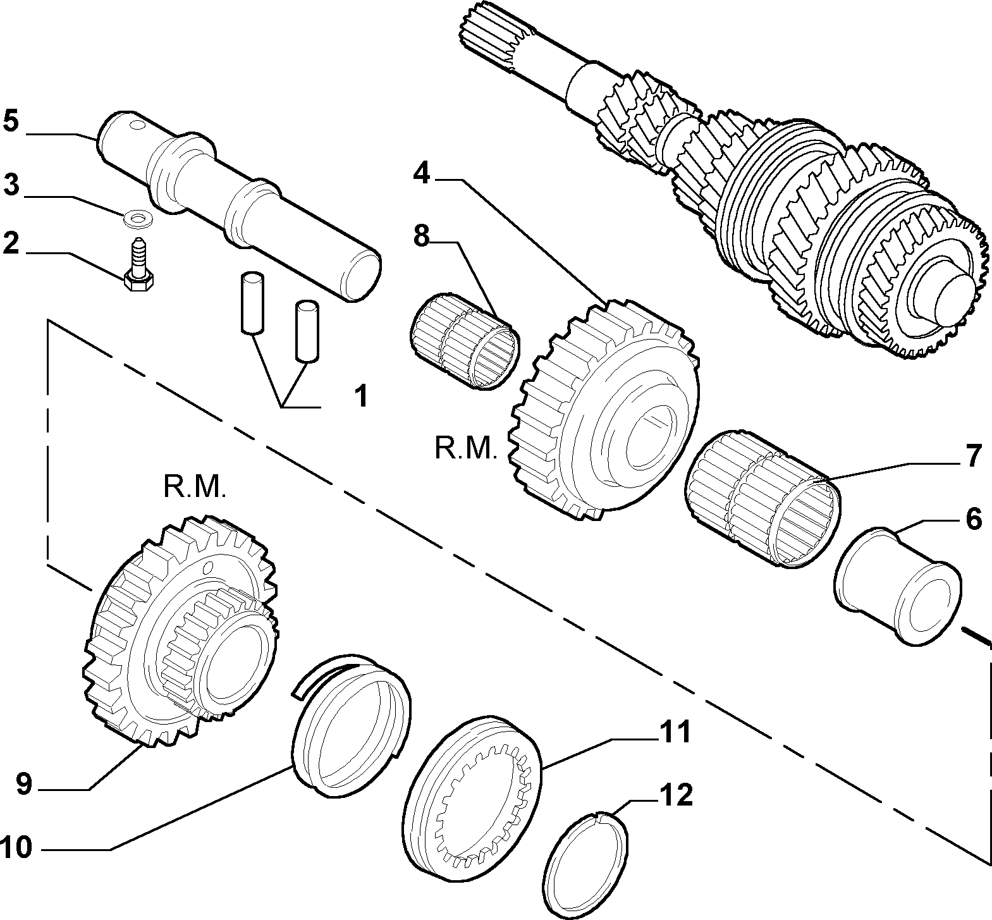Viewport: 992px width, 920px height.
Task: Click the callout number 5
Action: click(x=11, y=121)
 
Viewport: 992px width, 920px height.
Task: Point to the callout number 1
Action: click(x=360, y=397)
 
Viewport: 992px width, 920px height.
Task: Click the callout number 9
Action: click(x=23, y=784)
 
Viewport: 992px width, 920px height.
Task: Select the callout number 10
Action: click(x=16, y=848)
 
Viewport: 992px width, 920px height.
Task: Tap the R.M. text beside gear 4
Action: click(x=466, y=449)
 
